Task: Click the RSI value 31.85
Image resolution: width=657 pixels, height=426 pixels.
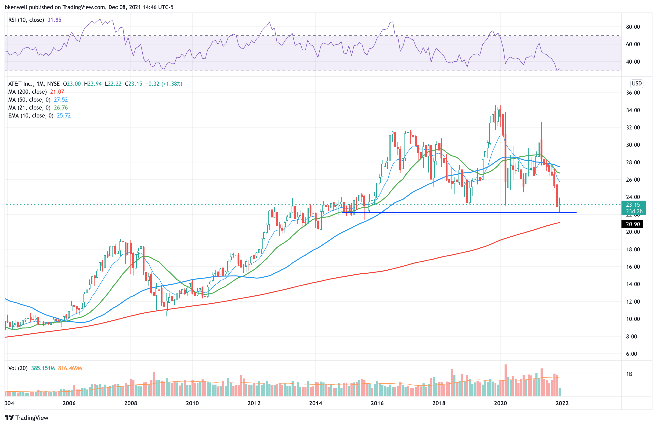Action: click(x=54, y=20)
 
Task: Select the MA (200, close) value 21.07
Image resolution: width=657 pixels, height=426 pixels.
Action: click(x=57, y=92)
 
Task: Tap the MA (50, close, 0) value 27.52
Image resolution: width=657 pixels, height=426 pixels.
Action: click(x=61, y=99)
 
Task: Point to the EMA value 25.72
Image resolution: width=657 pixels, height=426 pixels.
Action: click(x=64, y=116)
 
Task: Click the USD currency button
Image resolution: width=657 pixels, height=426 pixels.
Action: click(x=637, y=84)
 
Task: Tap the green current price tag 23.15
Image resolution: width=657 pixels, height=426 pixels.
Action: click(x=633, y=205)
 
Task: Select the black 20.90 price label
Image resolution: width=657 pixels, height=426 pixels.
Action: click(x=632, y=224)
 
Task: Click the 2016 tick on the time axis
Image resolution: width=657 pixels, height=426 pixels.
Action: click(x=377, y=403)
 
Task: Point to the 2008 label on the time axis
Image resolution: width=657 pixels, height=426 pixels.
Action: click(x=130, y=403)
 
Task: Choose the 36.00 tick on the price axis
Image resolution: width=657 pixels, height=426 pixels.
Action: click(x=633, y=93)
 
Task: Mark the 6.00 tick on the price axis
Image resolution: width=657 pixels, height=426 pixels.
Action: click(x=631, y=354)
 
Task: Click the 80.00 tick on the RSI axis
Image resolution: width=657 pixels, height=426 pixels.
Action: click(x=633, y=27)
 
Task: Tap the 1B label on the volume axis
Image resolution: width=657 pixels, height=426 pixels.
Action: click(x=629, y=374)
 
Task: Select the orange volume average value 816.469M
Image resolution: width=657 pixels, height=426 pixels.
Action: click(x=70, y=368)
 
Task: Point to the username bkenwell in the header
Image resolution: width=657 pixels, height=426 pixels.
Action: click(x=16, y=7)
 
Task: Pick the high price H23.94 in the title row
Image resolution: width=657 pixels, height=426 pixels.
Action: click(x=93, y=84)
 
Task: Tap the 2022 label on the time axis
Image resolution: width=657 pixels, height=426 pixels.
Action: click(x=562, y=403)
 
